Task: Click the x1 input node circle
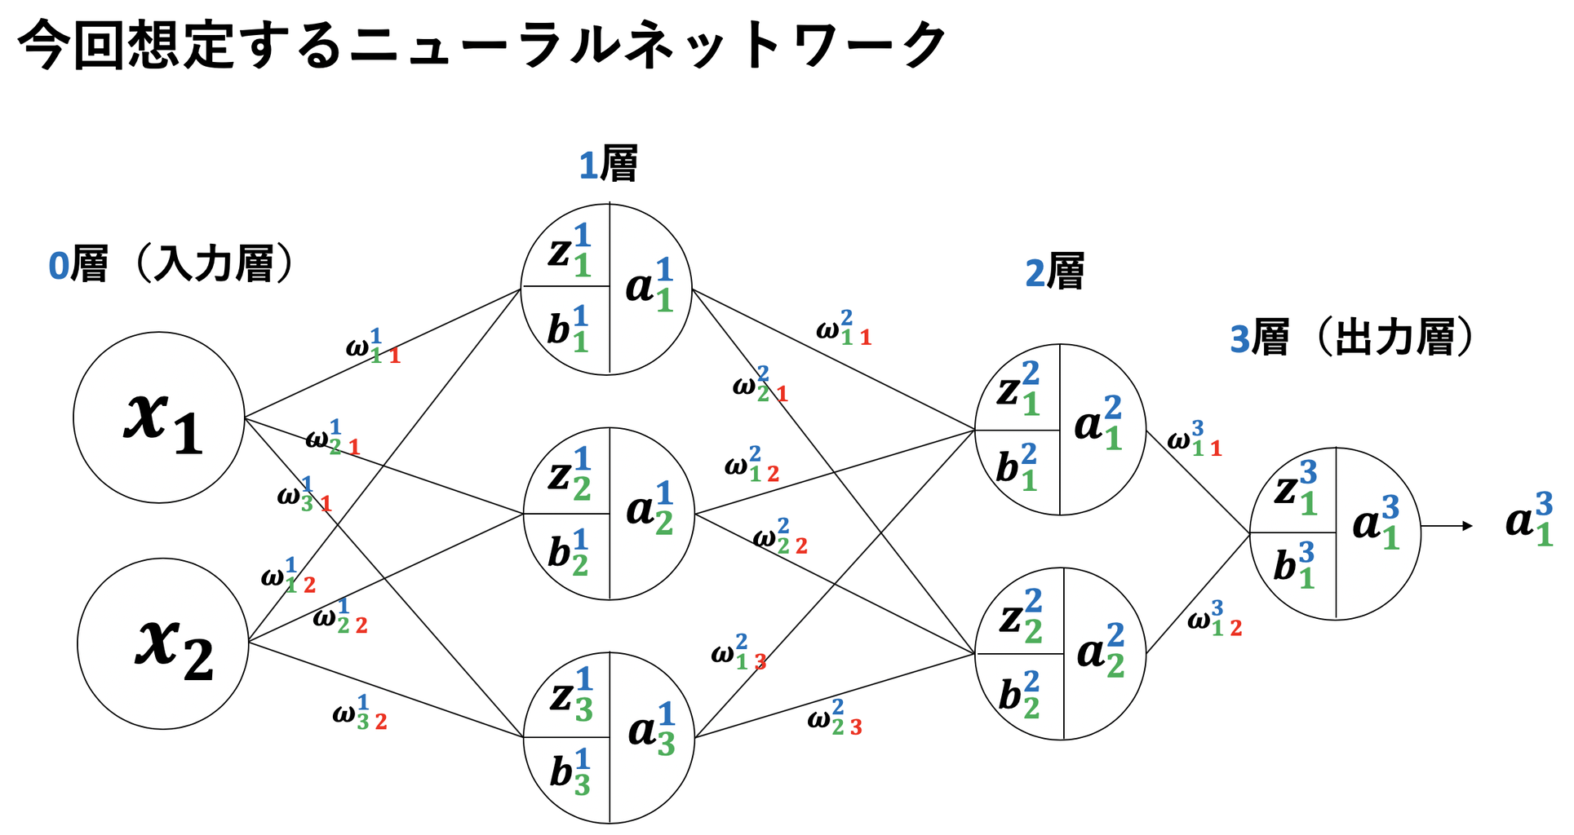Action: [x=159, y=417]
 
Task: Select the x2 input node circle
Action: [x=163, y=643]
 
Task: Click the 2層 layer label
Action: [x=1054, y=272]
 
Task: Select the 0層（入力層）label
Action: [x=171, y=265]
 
